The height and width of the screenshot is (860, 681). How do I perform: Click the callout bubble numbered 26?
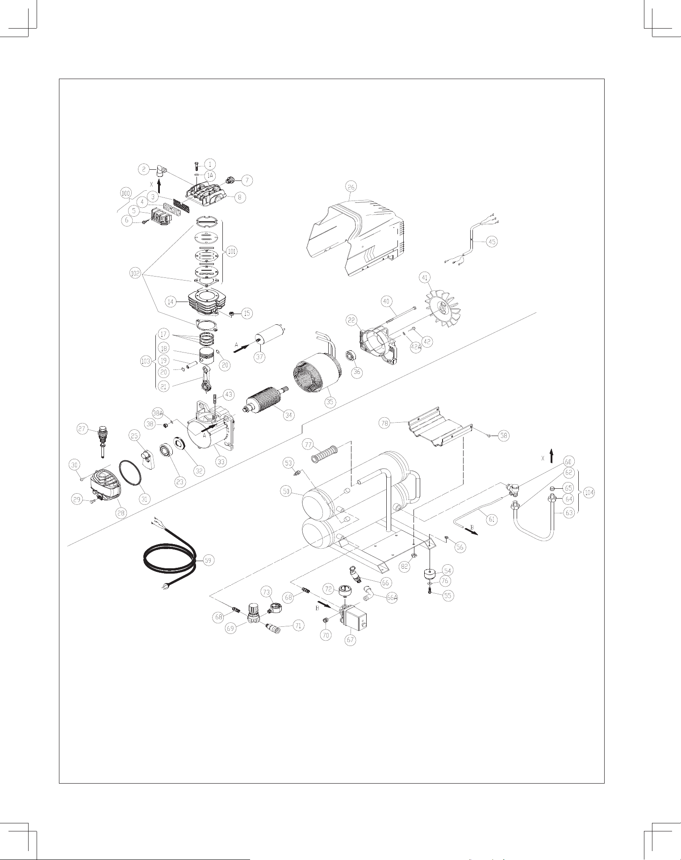click(x=351, y=187)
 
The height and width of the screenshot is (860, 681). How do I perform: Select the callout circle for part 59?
click(x=208, y=560)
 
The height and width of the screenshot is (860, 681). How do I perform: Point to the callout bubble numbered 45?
click(x=492, y=242)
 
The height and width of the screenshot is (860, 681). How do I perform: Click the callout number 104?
click(x=589, y=493)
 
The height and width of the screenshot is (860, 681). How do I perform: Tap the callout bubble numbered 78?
click(x=385, y=423)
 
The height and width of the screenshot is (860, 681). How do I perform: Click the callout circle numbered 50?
click(x=286, y=491)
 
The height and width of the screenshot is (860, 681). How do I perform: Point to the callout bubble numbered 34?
click(x=289, y=415)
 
